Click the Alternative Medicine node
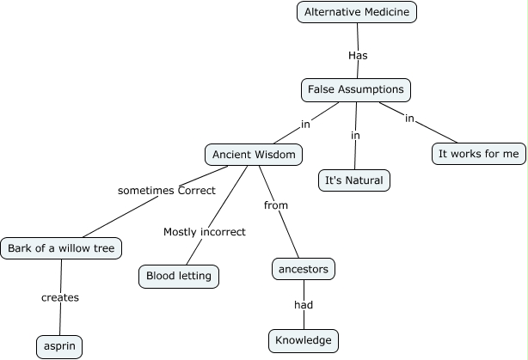point(357,12)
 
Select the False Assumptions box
point(356,89)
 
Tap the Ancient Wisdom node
point(254,155)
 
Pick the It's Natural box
point(354,180)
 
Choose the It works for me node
point(479,154)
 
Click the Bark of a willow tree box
point(61,249)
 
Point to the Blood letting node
point(179,277)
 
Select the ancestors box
point(303,269)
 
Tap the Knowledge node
point(304,340)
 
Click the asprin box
point(59,346)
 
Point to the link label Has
point(359,54)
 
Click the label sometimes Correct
point(166,190)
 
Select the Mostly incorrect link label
point(205,232)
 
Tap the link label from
point(276,205)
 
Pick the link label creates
point(60,298)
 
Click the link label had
point(303,305)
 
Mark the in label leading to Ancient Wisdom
point(305,125)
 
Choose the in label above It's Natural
point(355,136)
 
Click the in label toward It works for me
point(410,118)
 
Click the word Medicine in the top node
point(387,12)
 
